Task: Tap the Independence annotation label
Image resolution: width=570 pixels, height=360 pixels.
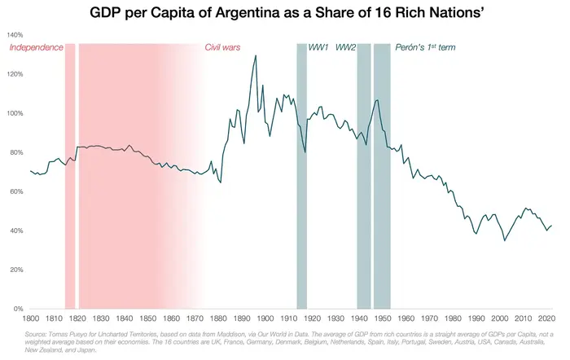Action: click(x=36, y=48)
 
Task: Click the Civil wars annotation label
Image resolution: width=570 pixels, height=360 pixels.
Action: click(x=222, y=48)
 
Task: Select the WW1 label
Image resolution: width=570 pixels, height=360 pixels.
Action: click(x=319, y=48)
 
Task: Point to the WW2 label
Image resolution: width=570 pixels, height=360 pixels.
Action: click(x=346, y=48)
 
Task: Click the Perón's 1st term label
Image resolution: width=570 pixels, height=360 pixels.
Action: click(x=425, y=48)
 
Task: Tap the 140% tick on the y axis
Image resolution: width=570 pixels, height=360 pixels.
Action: click(x=15, y=35)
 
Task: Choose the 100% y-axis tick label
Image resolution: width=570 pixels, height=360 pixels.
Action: click(x=15, y=113)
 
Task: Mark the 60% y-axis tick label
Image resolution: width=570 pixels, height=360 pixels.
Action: click(x=15, y=191)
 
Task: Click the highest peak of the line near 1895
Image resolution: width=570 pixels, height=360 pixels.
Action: click(x=256, y=56)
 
